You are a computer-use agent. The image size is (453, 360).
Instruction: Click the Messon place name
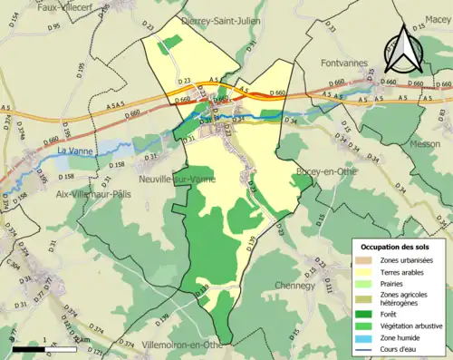[425, 143]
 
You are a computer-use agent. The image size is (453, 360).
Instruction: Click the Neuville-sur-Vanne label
[176, 180]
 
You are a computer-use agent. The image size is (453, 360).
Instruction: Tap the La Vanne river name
[76, 151]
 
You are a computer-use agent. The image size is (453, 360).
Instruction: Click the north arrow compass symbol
[404, 50]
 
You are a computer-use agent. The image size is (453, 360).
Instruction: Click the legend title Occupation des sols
[394, 247]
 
